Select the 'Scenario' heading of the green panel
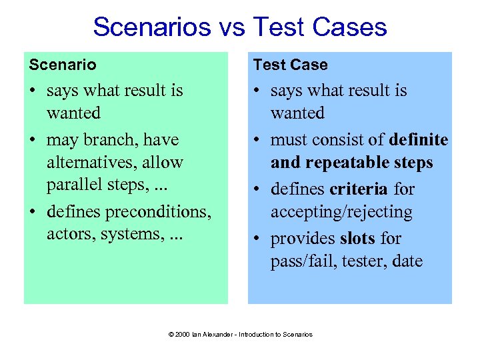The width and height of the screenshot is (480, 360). [x=63, y=65]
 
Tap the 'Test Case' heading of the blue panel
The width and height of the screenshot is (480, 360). [x=290, y=65]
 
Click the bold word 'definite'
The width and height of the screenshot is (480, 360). [x=419, y=140]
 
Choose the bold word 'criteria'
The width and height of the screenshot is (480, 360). [x=359, y=189]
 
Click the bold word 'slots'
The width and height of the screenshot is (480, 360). [x=357, y=239]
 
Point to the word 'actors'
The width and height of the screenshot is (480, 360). [x=70, y=235]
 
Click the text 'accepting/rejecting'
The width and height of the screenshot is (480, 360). [x=341, y=212]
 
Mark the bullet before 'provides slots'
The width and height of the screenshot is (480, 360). [x=257, y=239]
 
